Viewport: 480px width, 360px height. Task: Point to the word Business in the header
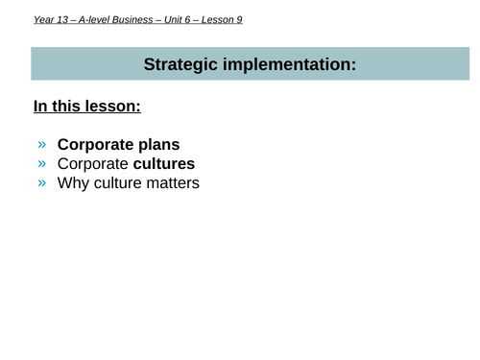[150, 18]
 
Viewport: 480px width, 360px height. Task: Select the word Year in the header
[44, 18]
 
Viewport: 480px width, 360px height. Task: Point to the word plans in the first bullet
[156, 145]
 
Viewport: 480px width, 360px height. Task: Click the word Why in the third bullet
[73, 181]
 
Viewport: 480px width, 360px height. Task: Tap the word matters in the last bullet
[172, 181]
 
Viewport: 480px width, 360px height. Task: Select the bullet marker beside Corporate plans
[41, 145]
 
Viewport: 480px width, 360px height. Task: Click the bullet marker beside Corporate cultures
[41, 163]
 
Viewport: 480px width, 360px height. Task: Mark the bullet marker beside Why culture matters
[41, 181]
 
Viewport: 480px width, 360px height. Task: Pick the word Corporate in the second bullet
[92, 163]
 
